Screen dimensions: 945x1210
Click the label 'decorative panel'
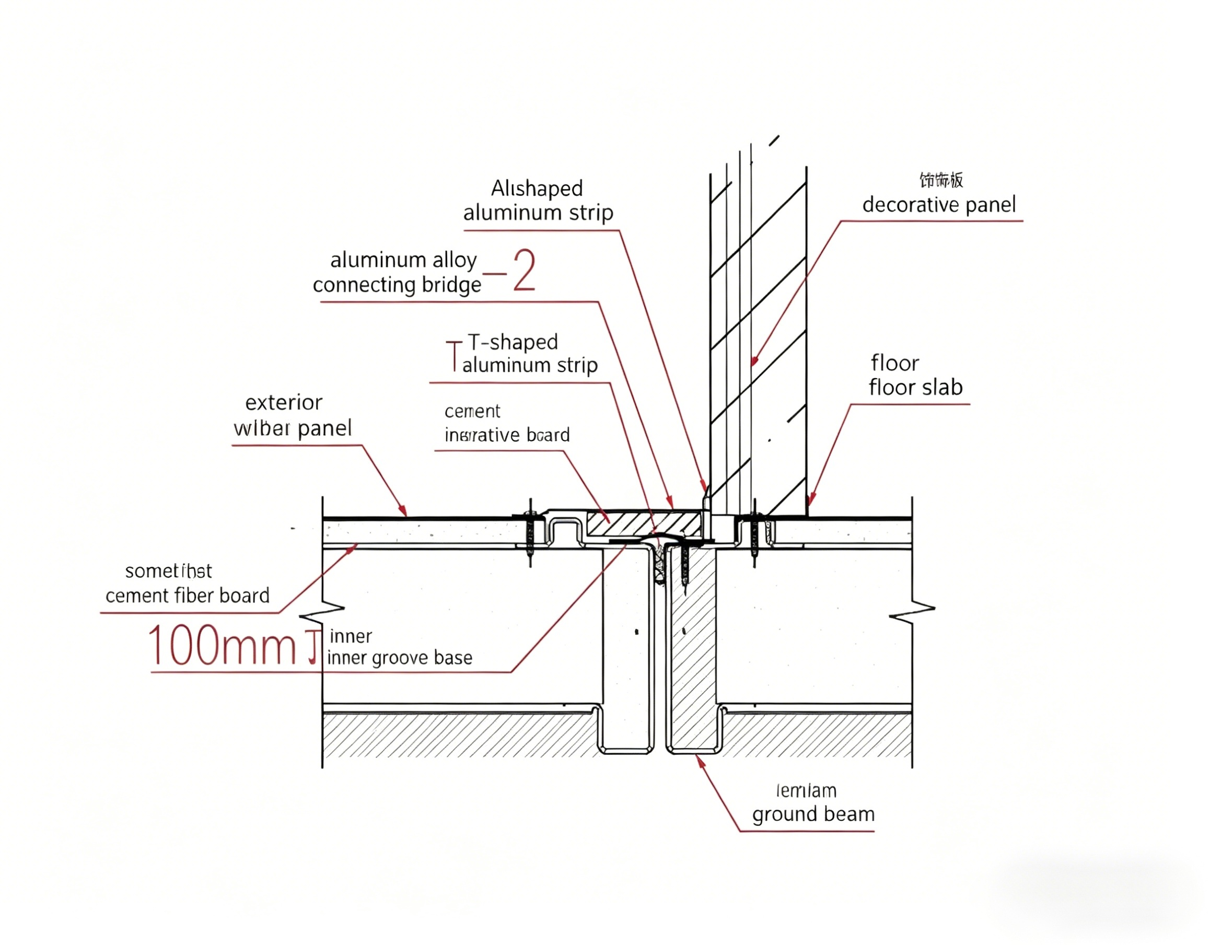pyautogui.click(x=938, y=205)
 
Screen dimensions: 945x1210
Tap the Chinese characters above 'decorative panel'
pyautogui.click(x=941, y=180)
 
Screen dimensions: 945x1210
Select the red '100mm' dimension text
pyautogui.click(x=222, y=646)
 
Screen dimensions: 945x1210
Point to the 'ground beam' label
pyautogui.click(x=813, y=814)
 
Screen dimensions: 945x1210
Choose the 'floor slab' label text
pyautogui.click(x=915, y=387)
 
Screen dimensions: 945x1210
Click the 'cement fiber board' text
pyautogui.click(x=187, y=596)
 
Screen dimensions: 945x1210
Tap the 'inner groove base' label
pyautogui.click(x=400, y=658)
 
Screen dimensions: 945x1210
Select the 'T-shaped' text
pyautogui.click(x=513, y=342)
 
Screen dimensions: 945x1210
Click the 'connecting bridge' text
pyautogui.click(x=397, y=285)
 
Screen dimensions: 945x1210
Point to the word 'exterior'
pyautogui.click(x=284, y=403)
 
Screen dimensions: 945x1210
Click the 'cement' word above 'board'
pyautogui.click(x=472, y=411)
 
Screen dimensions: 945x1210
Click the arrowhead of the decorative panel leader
pyautogui.click(x=753, y=363)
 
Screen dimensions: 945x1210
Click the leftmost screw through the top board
pyautogui.click(x=530, y=532)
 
